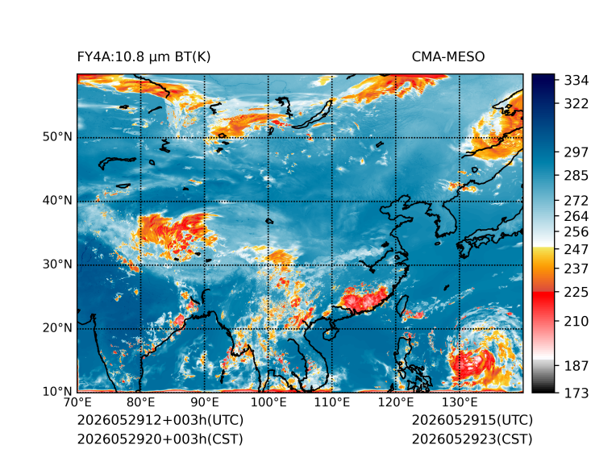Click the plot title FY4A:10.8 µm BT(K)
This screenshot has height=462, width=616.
[144, 57]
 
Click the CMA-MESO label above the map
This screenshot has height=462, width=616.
[448, 57]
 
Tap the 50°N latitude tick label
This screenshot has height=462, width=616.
[57, 137]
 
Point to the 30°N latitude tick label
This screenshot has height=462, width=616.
[57, 264]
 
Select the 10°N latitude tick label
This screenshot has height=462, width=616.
[57, 391]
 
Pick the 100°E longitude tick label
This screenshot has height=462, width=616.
[268, 402]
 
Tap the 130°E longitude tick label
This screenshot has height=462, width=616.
[460, 402]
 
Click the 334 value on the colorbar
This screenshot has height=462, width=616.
[576, 81]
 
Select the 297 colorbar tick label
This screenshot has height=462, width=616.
[576, 152]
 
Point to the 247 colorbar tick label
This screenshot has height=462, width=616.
[576, 249]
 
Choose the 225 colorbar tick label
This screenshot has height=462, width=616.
[576, 293]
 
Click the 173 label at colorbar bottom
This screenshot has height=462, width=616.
[576, 393]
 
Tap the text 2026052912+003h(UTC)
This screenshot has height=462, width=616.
[160, 420]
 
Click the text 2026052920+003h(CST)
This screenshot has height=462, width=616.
[160, 439]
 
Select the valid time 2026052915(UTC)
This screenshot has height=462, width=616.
[472, 420]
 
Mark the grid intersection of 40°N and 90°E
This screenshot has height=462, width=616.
[205, 202]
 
